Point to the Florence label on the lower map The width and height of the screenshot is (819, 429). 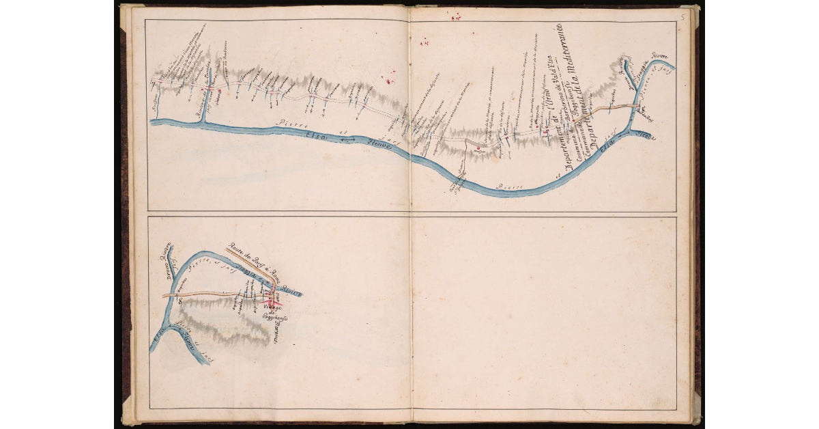click(x=275, y=331)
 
